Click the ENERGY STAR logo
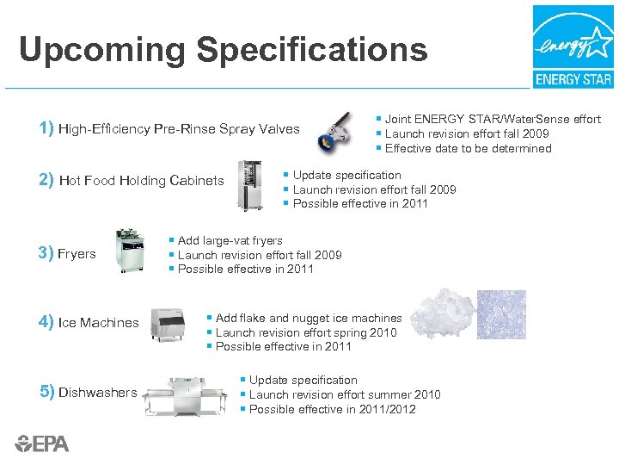pos(573,46)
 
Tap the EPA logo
pos(42,443)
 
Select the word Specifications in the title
pos(311,50)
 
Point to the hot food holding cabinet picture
pos(251,185)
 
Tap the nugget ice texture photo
pos(500,315)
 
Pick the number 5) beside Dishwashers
pos(46,392)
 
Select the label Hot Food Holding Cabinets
pos(141,181)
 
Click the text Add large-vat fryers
pos(230,240)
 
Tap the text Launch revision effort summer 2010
pos(345,394)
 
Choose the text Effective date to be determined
pos(468,148)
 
